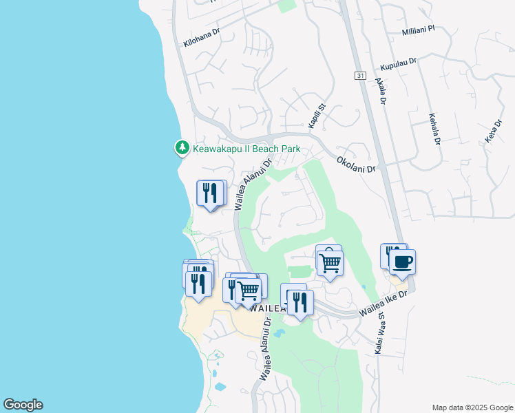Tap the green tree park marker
[182, 147]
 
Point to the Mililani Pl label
[419, 30]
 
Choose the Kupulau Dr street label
[399, 65]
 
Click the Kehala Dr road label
[434, 129]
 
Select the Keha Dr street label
[491, 131]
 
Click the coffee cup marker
[402, 262]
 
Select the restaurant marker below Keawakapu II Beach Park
[211, 193]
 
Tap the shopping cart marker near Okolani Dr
[330, 262]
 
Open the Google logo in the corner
[23, 405]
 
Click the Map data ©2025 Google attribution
[473, 407]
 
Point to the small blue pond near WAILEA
[278, 334]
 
